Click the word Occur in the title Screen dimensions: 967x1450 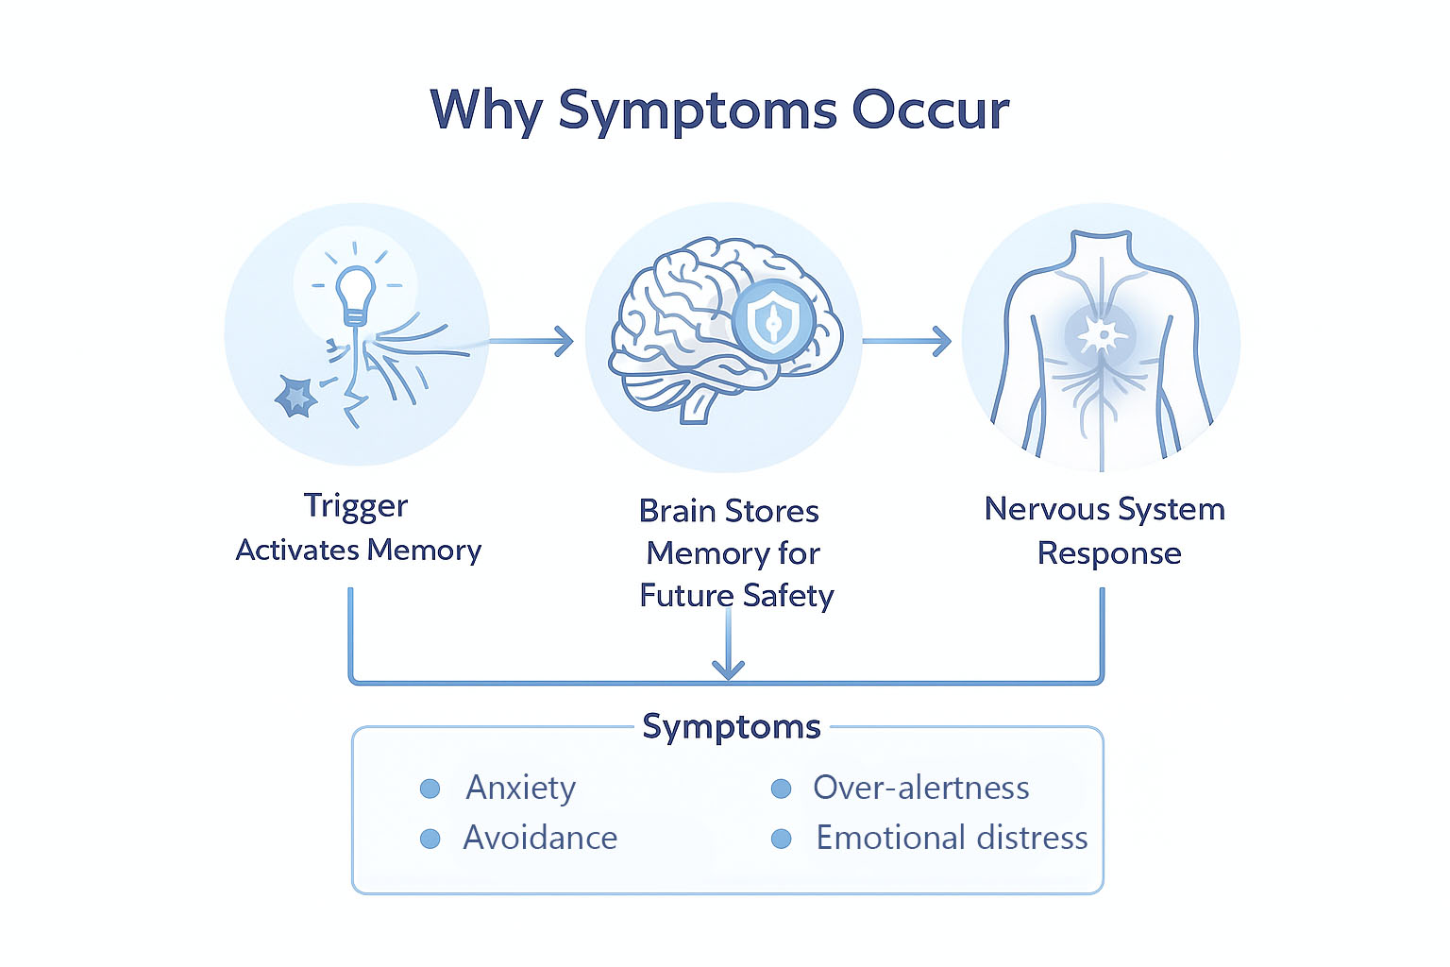930,110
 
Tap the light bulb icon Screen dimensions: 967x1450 356,293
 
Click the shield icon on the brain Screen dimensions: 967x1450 773,321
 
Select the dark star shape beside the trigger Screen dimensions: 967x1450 296,397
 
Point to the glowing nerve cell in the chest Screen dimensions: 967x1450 1102,334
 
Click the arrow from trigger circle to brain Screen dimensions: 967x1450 533,341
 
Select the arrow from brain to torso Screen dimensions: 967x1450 906,341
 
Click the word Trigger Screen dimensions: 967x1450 356,506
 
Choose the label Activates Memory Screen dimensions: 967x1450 359,550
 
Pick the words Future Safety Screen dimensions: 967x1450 736,596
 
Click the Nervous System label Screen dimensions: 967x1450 1104,509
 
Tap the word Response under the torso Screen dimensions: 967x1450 1109,553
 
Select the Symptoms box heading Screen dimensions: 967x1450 732,726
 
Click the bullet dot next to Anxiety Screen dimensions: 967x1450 430,789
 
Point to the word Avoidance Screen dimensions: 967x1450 540,838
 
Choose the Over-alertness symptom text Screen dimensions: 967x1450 920,788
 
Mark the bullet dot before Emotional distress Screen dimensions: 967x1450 781,839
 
